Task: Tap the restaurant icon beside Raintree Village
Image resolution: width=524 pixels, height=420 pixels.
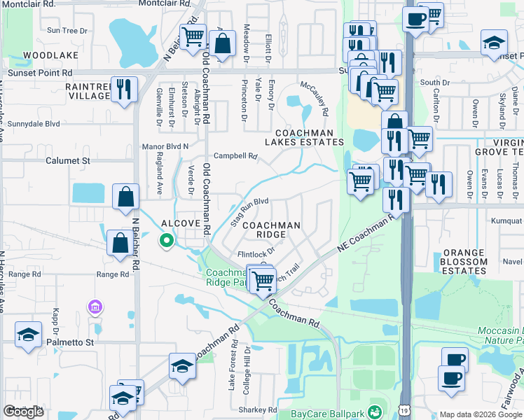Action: [124, 89]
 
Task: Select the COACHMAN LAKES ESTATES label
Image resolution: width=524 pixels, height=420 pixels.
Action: [301, 137]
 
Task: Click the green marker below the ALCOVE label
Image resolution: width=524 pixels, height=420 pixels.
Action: [167, 241]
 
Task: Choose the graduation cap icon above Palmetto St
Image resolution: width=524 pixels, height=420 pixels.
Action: [29, 334]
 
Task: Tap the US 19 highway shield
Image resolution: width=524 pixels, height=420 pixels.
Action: [405, 408]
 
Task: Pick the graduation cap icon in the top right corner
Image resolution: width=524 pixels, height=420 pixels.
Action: [494, 42]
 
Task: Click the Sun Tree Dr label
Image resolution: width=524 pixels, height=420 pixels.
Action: [67, 30]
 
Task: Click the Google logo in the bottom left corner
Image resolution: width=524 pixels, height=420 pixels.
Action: [24, 412]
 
